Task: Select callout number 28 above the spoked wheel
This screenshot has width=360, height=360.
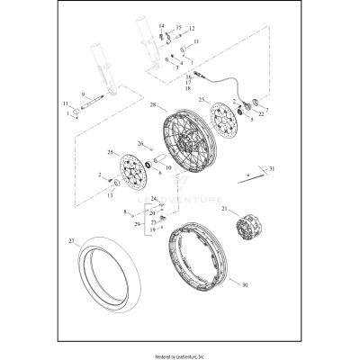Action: pos(155,105)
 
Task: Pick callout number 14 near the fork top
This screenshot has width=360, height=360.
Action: pos(162,26)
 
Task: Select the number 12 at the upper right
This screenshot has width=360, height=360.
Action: pos(191,29)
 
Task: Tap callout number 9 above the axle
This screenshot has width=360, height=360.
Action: pos(83,94)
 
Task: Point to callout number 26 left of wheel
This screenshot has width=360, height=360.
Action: pos(140,144)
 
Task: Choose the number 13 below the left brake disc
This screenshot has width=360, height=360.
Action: pos(111,193)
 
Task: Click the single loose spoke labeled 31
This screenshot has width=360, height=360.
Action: pos(250,175)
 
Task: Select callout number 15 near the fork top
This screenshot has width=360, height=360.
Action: pos(178,28)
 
